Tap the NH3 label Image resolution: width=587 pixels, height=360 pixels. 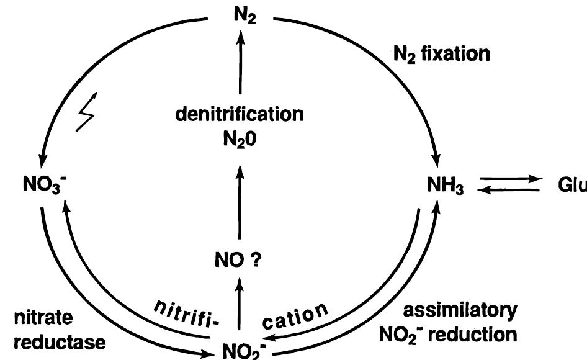pos(445,186)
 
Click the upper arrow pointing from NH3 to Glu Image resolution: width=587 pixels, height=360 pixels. pos(509,178)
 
